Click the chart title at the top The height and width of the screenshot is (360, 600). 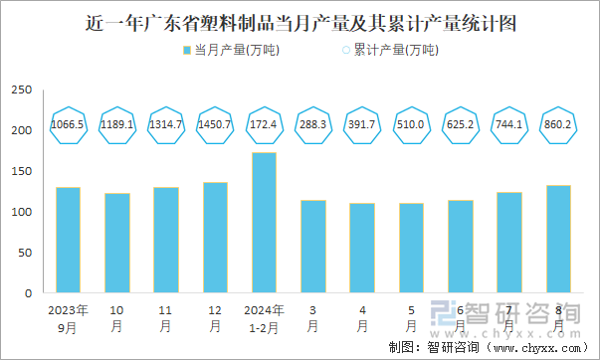(300, 22)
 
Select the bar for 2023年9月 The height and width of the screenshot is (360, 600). (68, 241)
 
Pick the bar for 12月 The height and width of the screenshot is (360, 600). (215, 238)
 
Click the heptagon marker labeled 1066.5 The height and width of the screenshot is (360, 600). (68, 125)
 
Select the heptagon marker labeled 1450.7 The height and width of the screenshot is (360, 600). (215, 125)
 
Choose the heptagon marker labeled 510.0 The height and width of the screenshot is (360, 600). (411, 125)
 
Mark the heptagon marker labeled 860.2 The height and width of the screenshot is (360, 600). (558, 125)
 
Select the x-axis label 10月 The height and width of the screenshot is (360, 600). (116, 317)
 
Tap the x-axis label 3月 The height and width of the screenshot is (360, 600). (312, 317)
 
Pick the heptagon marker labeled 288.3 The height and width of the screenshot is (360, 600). (312, 125)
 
